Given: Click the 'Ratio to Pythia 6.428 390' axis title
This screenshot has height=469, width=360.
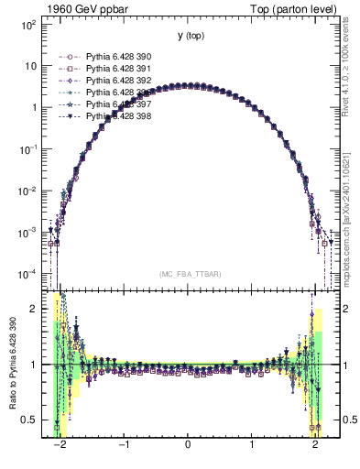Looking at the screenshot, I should pyautogui.click(x=11, y=366).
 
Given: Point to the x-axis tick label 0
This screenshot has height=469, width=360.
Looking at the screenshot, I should pyautogui.click(x=188, y=453).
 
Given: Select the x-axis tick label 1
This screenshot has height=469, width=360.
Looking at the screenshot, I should pyautogui.click(x=252, y=453).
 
